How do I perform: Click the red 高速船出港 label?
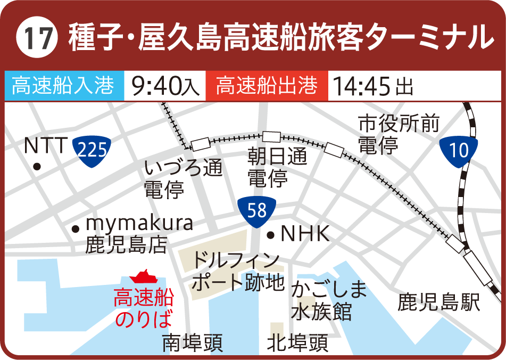tap(267, 85)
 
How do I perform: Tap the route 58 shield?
tap(256, 211)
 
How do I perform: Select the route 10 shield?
tap(459, 150)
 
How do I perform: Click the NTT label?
tap(46, 145)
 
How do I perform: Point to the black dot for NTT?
tap(37, 167)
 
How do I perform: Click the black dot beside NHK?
tap(270, 234)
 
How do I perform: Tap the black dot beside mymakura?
tap(76, 228)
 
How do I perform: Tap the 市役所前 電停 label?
tap(398, 134)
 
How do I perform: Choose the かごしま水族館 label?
tap(329, 301)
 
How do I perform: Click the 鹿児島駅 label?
tap(439, 302)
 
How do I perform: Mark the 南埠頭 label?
tap(192, 343)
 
